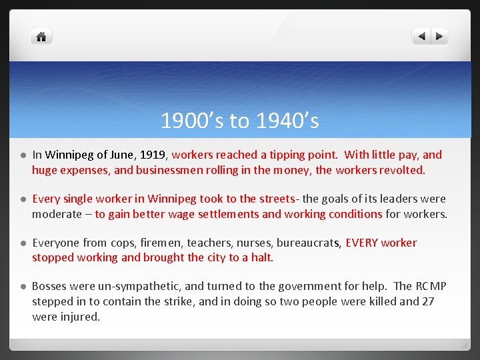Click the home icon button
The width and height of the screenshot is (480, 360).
pos(41,37)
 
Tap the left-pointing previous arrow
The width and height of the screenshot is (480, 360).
pos(421,37)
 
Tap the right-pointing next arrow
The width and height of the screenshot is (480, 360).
pos(439,37)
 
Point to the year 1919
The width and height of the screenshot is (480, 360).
pos(153,155)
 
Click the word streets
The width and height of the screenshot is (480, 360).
pos(275,199)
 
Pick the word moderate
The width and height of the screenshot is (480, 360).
pos(56,214)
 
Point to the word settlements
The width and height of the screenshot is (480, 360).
pos(227,214)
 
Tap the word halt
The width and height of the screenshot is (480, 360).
pos(262,257)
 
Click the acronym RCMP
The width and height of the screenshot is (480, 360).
pos(430,286)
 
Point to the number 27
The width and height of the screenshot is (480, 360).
pos(427,301)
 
